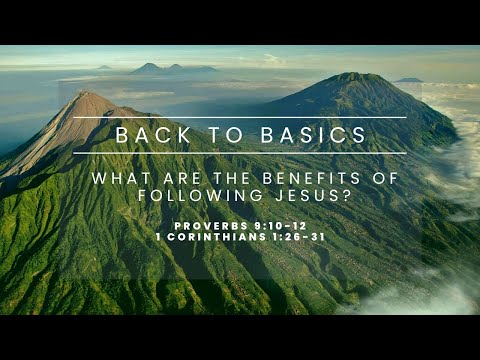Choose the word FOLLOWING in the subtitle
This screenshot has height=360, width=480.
[x=188, y=197]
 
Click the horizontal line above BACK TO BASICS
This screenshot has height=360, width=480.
[x=240, y=118]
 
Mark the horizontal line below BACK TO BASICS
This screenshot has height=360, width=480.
[x=240, y=153]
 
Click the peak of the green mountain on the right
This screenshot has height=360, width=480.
[x=352, y=76]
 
